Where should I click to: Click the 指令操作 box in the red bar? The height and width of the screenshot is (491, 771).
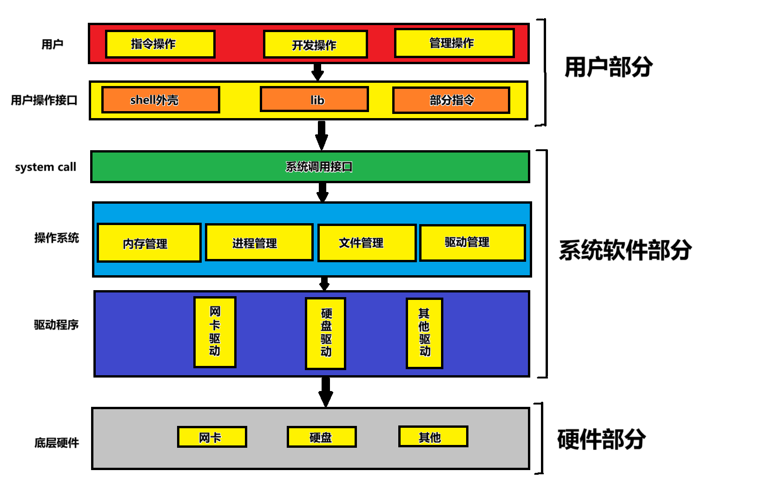coord(160,44)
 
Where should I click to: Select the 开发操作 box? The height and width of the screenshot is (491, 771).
coord(315,45)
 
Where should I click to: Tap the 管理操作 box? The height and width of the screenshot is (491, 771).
coord(454,43)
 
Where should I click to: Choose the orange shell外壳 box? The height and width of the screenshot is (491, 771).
coord(160,100)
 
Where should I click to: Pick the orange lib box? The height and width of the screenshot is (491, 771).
coord(314,100)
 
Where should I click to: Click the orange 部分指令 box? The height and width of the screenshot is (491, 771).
coord(451,100)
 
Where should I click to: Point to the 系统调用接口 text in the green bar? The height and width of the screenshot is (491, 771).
coord(319,167)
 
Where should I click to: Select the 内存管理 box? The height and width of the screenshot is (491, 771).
coord(149,243)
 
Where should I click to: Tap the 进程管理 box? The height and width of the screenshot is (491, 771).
coord(259,243)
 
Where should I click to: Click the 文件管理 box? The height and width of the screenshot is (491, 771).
coord(367,243)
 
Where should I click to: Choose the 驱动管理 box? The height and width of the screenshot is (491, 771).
coord(472,243)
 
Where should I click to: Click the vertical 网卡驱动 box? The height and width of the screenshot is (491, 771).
coord(215,332)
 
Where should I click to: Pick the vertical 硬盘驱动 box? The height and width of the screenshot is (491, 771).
coord(325,333)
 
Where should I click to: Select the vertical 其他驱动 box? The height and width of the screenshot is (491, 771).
coord(424,333)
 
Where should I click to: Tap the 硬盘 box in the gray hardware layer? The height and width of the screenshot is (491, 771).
coord(321,437)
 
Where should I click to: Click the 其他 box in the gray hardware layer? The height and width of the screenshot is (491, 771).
coord(433,437)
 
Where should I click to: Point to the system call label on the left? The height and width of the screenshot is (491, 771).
coord(46,167)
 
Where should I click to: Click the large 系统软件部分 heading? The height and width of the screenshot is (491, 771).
coord(625,250)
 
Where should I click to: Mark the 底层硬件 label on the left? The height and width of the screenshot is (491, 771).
coord(57,443)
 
